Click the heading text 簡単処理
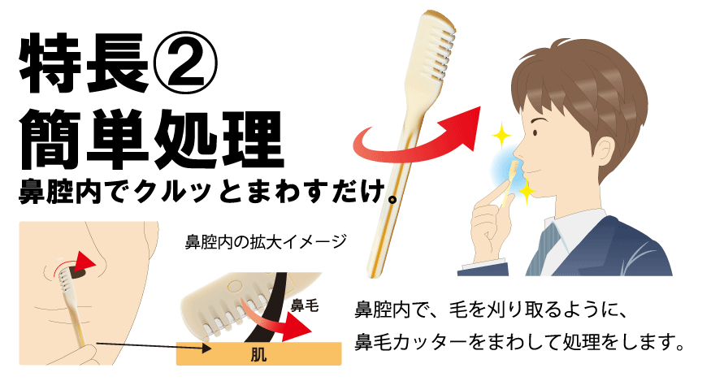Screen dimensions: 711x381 coord(151,139)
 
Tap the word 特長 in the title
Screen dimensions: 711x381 coord(84,63)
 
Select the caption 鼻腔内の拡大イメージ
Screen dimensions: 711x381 coord(266,241)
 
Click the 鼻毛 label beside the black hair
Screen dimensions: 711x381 coord(304,305)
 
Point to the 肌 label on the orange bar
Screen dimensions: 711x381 coord(258,354)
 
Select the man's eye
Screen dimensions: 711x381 coord(535,133)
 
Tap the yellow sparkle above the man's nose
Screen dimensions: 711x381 coord(501,135)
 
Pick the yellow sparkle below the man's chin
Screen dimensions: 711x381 coord(527,192)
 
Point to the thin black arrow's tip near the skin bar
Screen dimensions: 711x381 coord(211,349)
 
